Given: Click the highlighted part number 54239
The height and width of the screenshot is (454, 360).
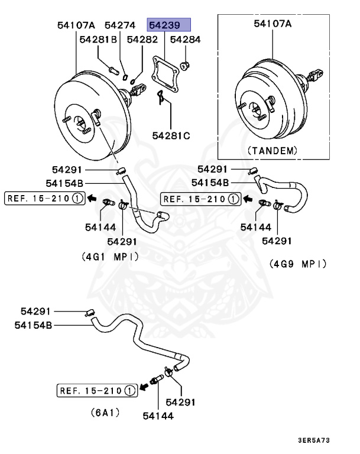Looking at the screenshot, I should (x=169, y=25).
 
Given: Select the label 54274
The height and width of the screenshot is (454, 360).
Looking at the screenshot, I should (x=120, y=25).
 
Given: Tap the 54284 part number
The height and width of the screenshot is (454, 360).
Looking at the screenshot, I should (x=185, y=40).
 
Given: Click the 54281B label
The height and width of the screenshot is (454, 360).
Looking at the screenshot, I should (x=98, y=40).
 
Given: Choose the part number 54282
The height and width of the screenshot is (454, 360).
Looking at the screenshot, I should (x=142, y=40).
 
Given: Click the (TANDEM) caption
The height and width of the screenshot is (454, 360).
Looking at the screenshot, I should (x=273, y=150).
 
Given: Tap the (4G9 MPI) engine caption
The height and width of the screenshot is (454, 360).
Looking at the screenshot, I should (x=297, y=263).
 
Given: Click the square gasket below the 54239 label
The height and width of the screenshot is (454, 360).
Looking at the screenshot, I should (x=165, y=73).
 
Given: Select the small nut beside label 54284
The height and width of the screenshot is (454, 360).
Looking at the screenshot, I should (x=185, y=64).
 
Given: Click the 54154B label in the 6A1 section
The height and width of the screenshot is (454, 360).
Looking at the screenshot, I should (x=33, y=325).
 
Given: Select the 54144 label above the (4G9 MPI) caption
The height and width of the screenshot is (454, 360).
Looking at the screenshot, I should (x=255, y=226).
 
